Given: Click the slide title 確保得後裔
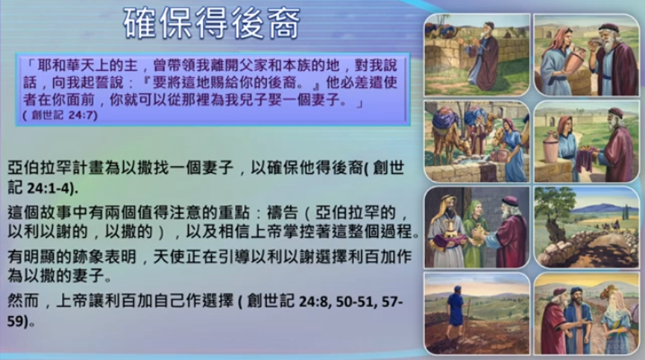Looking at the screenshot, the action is [212, 23].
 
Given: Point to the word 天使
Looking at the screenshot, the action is [169, 257].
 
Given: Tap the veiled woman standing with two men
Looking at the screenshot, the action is [616, 319].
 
